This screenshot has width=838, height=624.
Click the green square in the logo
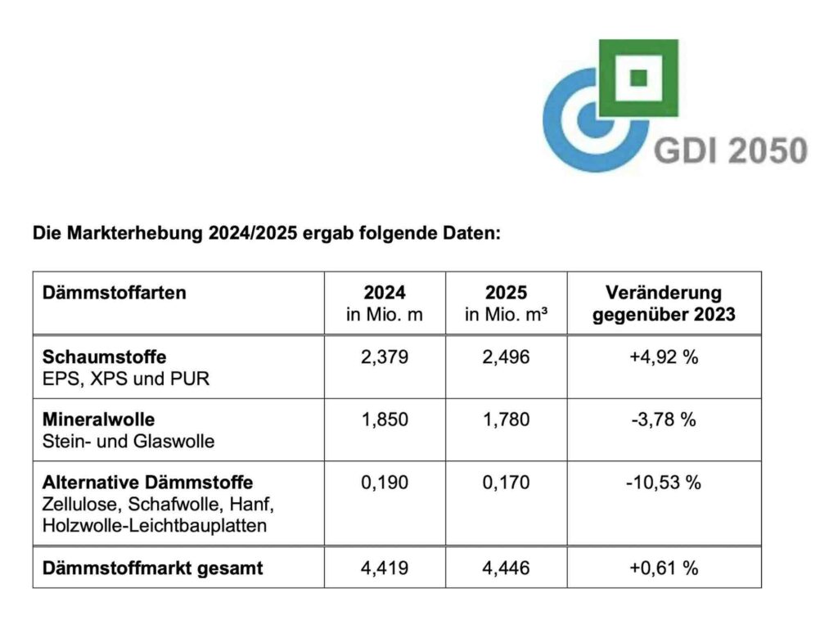click(639, 77)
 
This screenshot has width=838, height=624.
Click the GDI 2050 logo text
click(730, 150)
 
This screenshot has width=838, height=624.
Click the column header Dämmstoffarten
click(114, 293)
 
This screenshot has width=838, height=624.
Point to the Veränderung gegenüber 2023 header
click(664, 303)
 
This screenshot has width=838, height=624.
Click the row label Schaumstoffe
click(104, 357)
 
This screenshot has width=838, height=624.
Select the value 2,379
click(385, 357)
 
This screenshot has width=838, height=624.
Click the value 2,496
click(506, 357)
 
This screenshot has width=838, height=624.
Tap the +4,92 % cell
click(664, 357)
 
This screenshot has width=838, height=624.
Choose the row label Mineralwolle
click(98, 420)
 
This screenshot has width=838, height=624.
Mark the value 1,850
click(385, 420)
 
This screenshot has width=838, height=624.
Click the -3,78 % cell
click(664, 420)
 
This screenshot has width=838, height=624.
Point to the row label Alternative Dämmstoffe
click(147, 483)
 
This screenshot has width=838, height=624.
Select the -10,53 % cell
click(664, 483)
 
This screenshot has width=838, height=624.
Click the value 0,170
click(506, 483)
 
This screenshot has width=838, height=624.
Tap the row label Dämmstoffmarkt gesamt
click(152, 568)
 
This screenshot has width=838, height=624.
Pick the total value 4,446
click(506, 568)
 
